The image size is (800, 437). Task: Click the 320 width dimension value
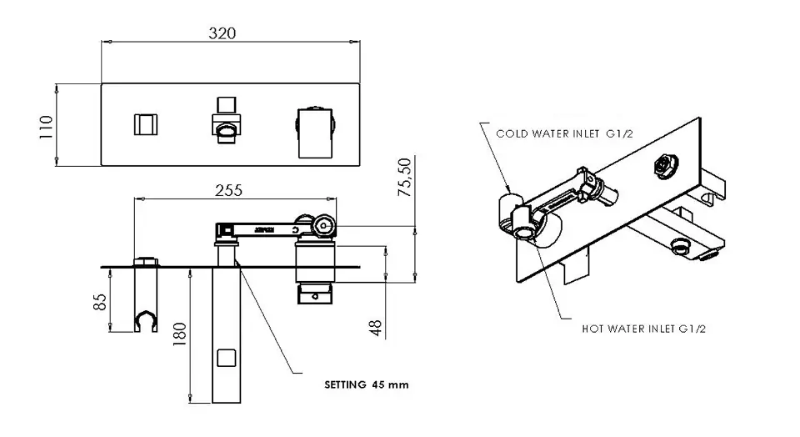click(x=222, y=33)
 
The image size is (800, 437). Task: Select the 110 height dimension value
click(x=47, y=125)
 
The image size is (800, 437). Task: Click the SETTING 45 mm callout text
click(x=366, y=385)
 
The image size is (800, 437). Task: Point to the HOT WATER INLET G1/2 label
click(x=644, y=329)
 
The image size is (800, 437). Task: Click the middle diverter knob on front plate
click(x=226, y=122)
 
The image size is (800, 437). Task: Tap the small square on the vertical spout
click(x=225, y=359)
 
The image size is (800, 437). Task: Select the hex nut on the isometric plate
click(x=665, y=166)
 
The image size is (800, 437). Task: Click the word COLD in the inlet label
click(x=510, y=133)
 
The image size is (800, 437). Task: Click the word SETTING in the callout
click(x=345, y=385)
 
